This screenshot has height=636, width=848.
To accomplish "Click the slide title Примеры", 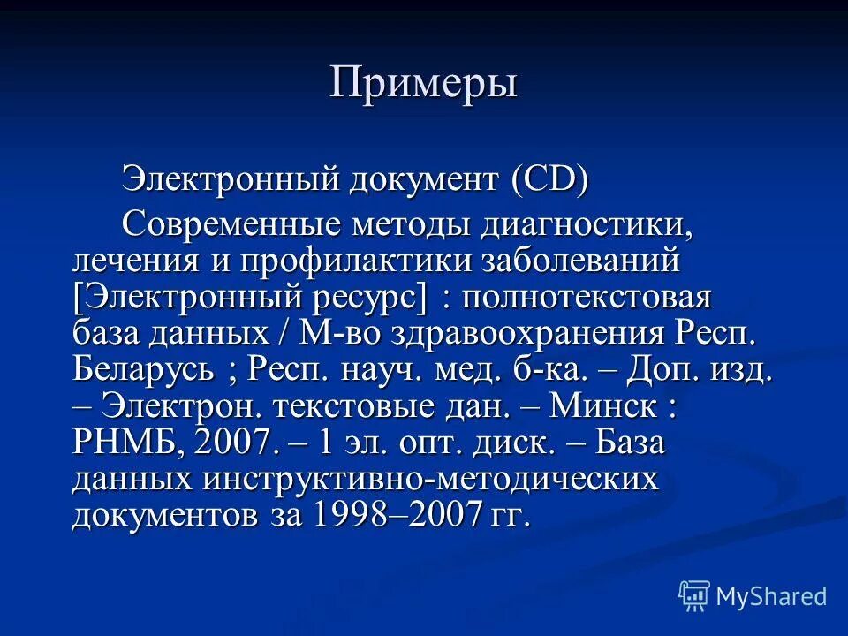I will [423, 84].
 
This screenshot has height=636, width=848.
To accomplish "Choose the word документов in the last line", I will [165, 516].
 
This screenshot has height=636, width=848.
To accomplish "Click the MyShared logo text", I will [771, 596].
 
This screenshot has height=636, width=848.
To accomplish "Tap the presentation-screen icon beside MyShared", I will [694, 596].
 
